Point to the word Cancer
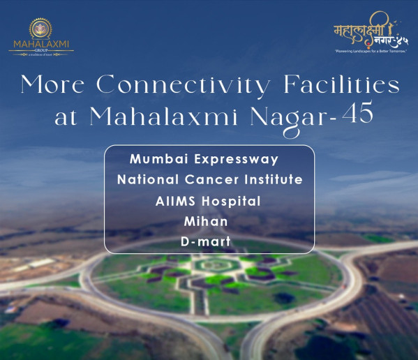click(x=207, y=179)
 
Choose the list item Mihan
click(x=209, y=222)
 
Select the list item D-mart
click(x=209, y=243)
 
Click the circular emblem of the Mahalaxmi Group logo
click(x=40, y=29)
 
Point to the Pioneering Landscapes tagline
click(x=370, y=51)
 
